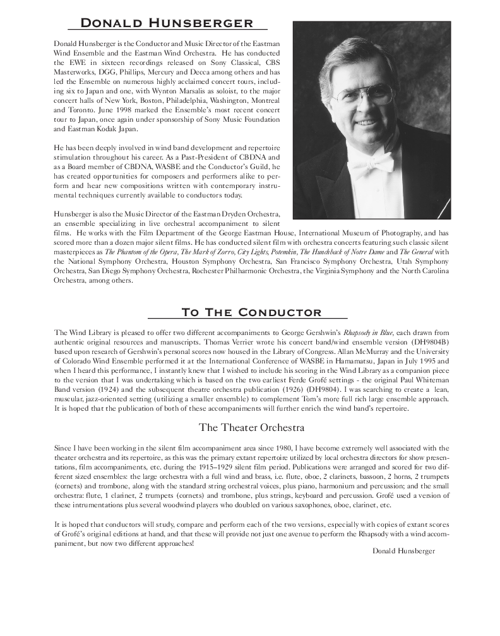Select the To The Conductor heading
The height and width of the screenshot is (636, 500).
(251, 312)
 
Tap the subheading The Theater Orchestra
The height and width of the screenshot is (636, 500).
(251, 427)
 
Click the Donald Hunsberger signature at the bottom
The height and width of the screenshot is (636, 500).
(404, 551)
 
